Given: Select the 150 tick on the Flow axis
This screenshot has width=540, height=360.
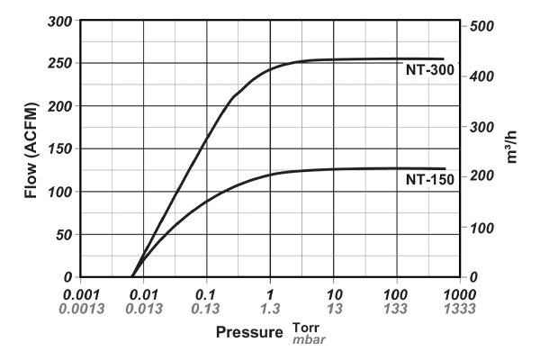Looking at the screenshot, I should pos(60,148).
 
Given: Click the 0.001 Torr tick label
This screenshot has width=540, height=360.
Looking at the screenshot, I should pos(80,294).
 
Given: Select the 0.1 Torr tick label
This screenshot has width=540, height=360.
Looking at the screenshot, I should pos(206,294).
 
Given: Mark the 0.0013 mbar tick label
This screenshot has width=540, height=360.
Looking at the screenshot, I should pos(80,309).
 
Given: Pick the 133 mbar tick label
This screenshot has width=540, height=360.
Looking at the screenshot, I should pos(396,309).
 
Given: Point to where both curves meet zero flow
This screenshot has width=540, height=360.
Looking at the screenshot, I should pos(132,276).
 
